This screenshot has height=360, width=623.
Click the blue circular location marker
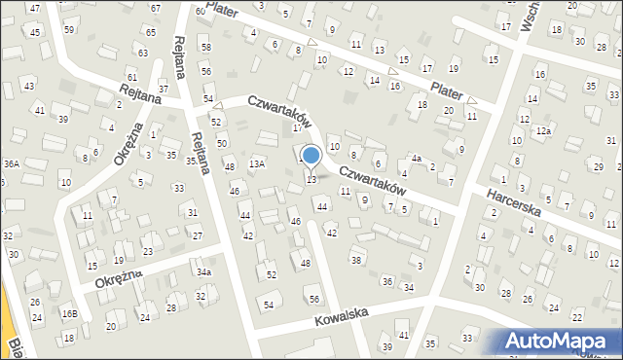click(x=311, y=155)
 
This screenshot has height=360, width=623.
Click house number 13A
click(x=256, y=164)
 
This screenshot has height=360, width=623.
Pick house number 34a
click(x=202, y=271)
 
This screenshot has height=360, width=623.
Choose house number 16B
click(x=69, y=313)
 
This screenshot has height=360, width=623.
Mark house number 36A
click(x=12, y=164)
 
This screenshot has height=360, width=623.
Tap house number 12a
click(x=543, y=130)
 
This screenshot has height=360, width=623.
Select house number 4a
click(x=415, y=158)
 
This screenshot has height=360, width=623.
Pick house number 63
click(x=142, y=54)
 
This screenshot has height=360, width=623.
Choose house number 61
click(x=132, y=77)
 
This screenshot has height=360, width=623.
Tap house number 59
click(x=68, y=29)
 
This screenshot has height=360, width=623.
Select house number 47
click(x=35, y=8)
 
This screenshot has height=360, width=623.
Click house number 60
click(x=200, y=11)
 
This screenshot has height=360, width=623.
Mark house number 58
click(x=204, y=47)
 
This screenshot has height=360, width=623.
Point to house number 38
click(x=356, y=260)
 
